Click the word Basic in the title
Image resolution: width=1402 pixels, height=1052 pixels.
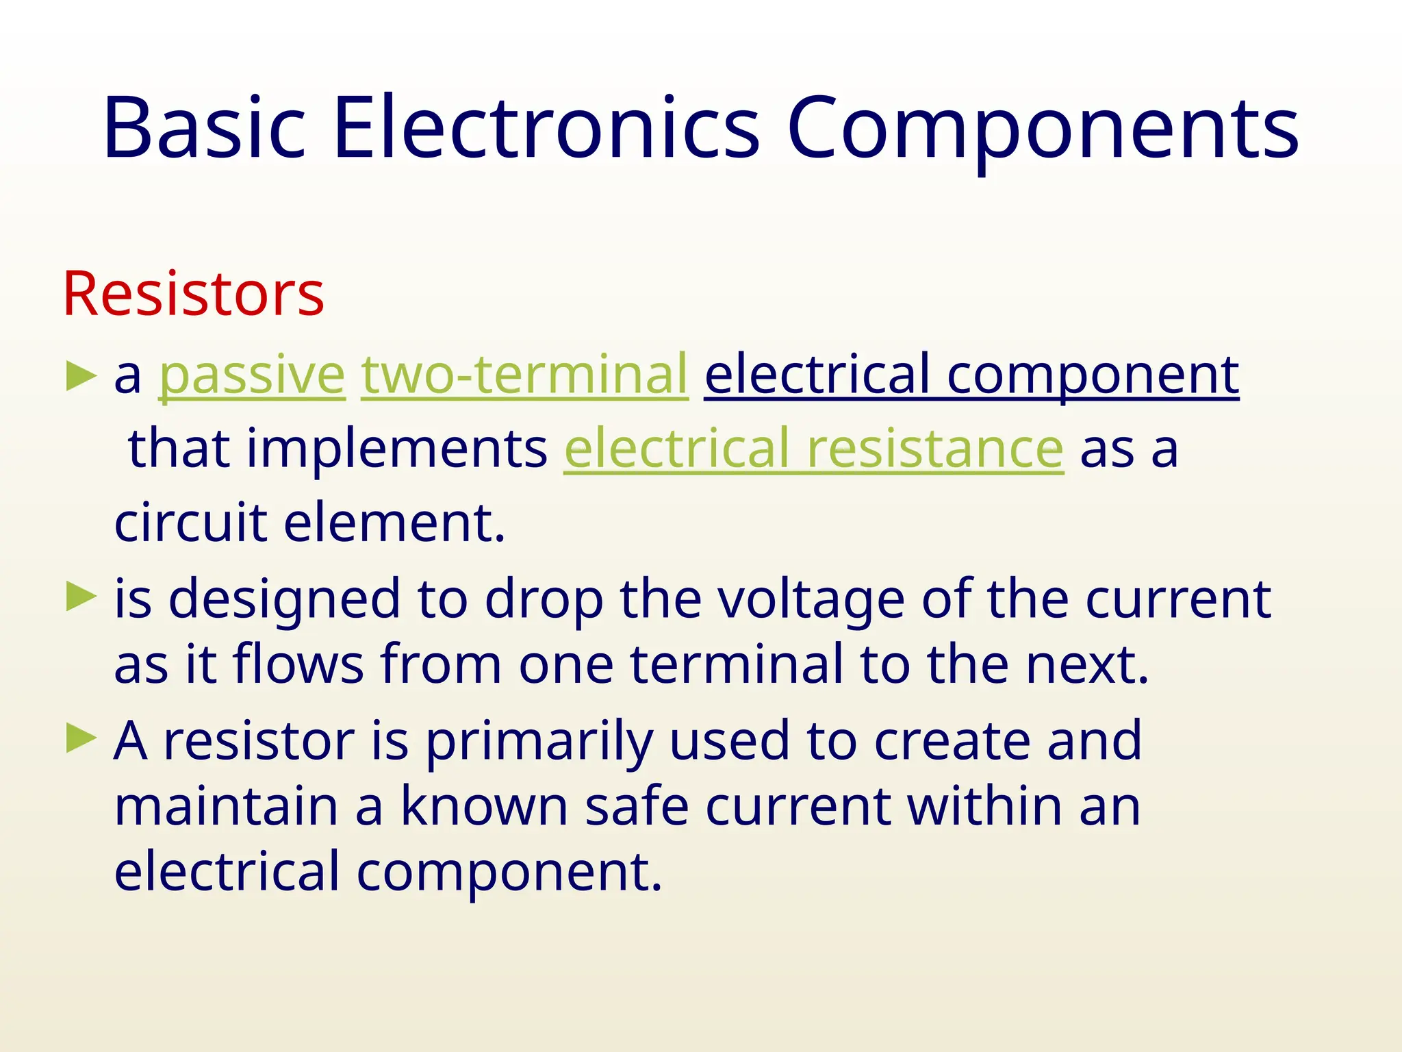click(204, 128)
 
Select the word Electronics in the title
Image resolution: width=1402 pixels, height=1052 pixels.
click(546, 128)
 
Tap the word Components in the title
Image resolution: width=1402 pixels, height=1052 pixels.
click(1042, 128)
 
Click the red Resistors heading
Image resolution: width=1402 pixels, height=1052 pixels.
click(193, 294)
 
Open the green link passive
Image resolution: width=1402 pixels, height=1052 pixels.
click(252, 375)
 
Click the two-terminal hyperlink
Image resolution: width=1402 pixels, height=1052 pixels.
click(524, 375)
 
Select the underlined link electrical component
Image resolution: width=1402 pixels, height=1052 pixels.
click(971, 375)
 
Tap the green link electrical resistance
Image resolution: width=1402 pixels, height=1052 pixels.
click(813, 449)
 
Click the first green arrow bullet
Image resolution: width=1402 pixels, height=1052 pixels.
click(81, 377)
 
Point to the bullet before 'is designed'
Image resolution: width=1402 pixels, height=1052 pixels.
click(81, 597)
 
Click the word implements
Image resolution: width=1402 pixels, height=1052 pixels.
click(396, 449)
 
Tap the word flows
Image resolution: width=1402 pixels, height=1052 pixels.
click(298, 664)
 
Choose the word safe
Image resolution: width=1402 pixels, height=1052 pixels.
click(637, 807)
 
